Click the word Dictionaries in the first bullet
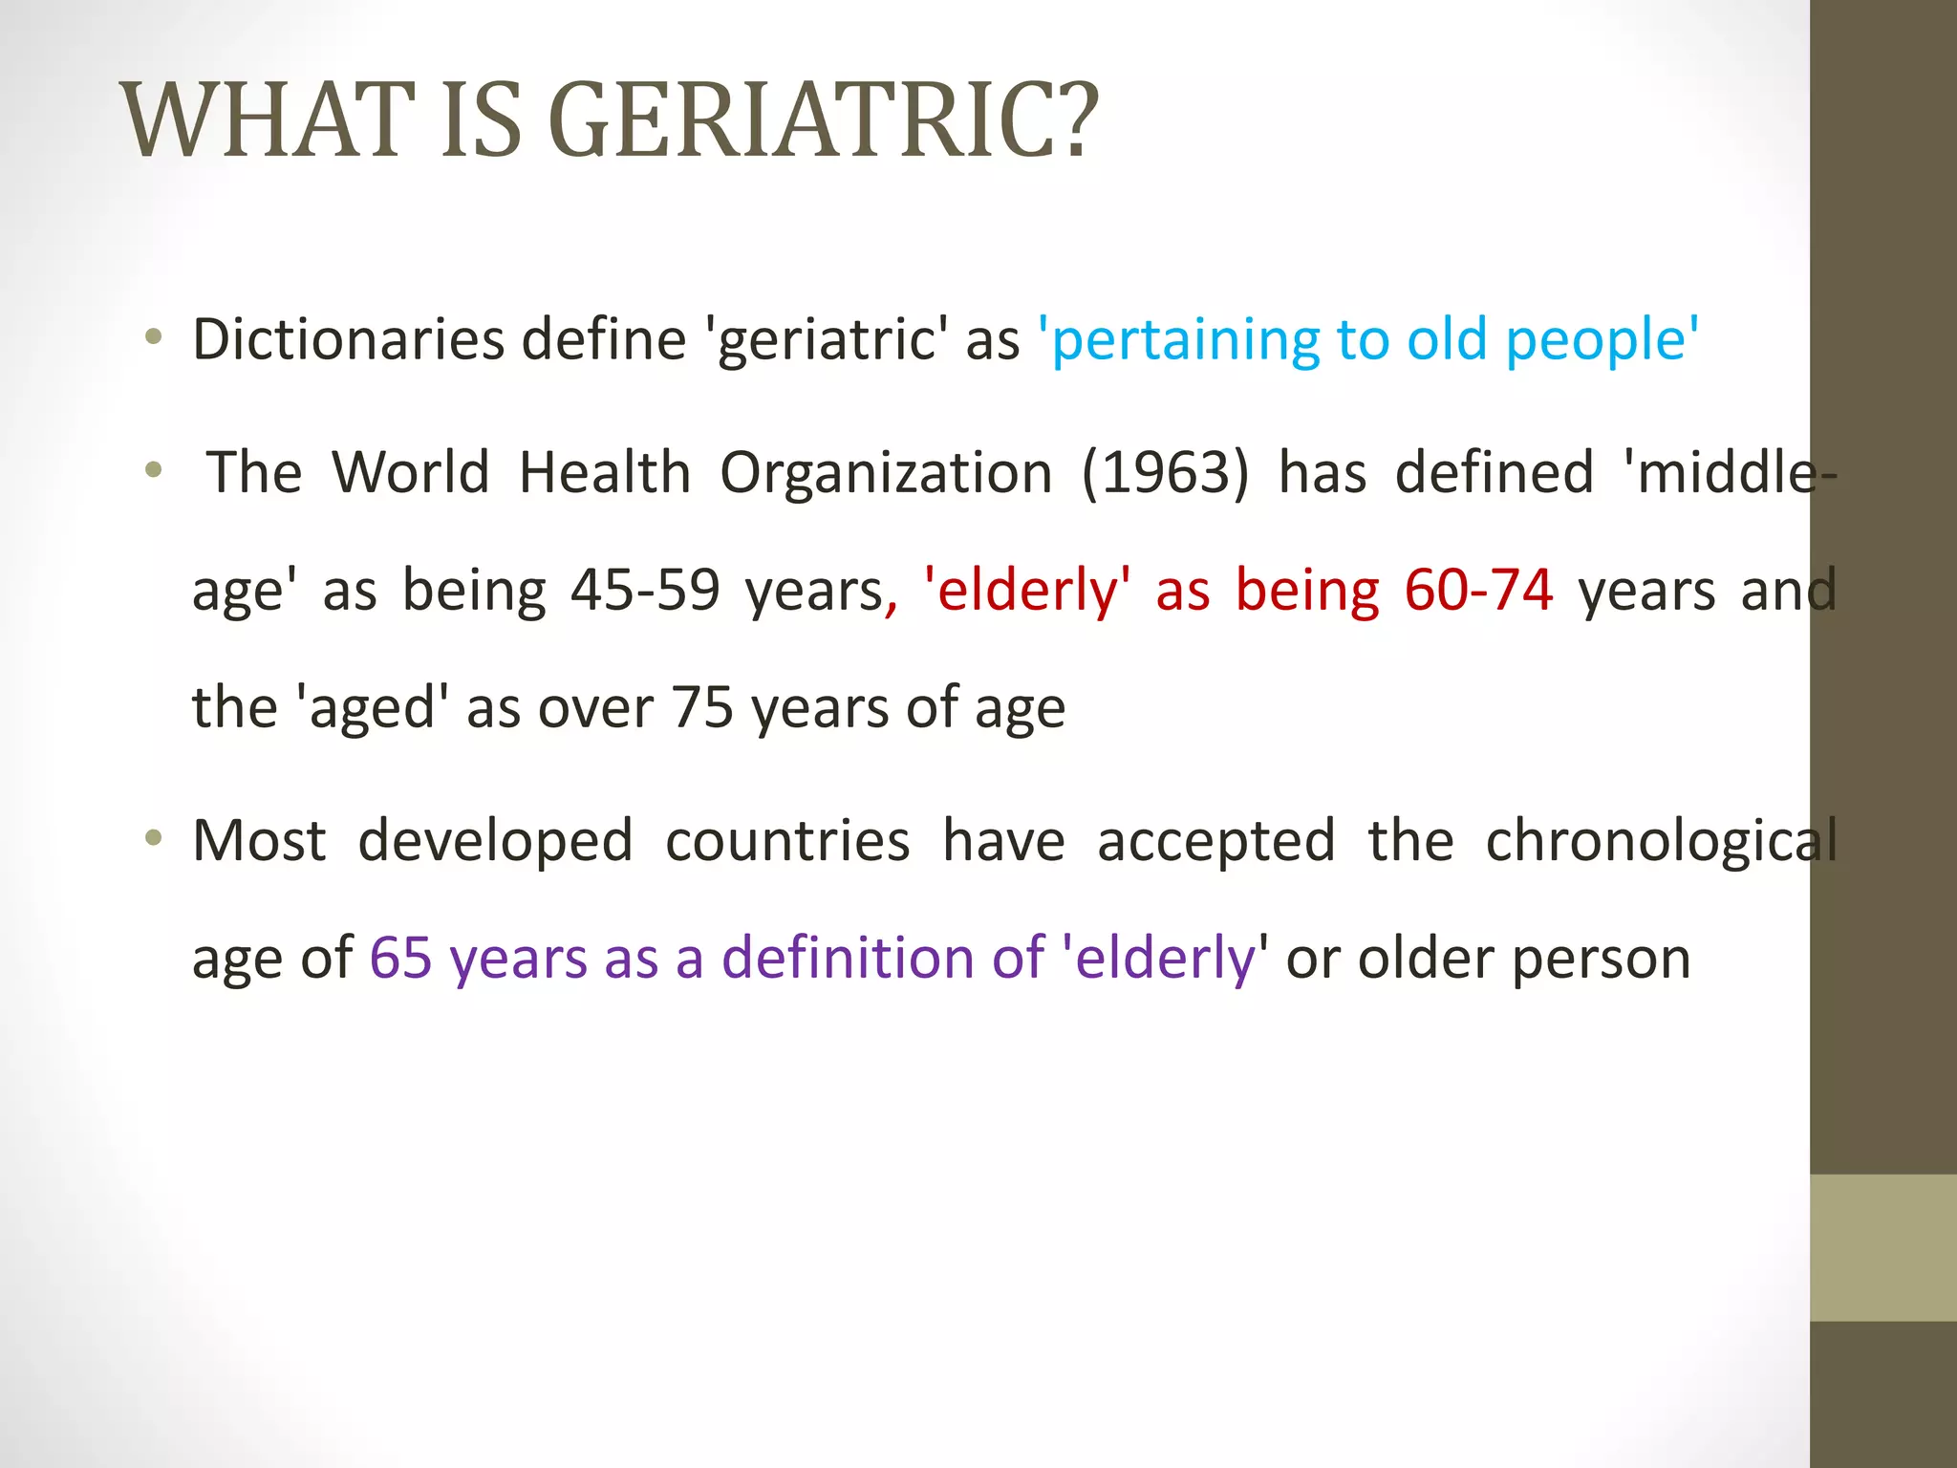(x=348, y=339)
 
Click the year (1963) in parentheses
(x=1165, y=472)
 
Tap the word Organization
(x=886, y=472)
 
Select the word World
(x=411, y=472)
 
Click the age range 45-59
(x=645, y=590)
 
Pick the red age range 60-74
(x=1478, y=590)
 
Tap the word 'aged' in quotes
(x=374, y=707)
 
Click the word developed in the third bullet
(x=495, y=841)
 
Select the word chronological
(x=1661, y=841)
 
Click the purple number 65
(x=400, y=958)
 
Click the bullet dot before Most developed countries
(x=153, y=839)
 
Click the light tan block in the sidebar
(x=1882, y=1247)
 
